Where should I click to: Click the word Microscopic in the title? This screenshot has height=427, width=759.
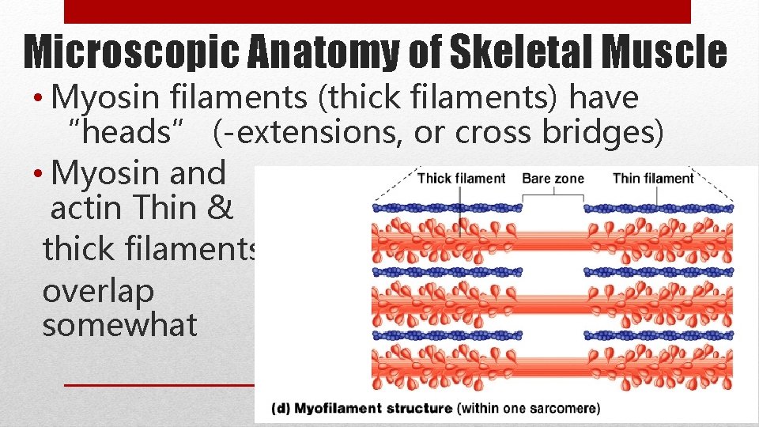tap(126, 52)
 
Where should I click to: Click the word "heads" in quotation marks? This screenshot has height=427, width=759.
tap(132, 134)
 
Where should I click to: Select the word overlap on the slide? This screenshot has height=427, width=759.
tap(97, 291)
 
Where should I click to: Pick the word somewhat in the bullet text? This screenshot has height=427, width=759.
tap(119, 325)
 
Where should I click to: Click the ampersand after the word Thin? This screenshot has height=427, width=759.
tap(222, 210)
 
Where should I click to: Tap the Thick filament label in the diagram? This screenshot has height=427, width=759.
tap(461, 178)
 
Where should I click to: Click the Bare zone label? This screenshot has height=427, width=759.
tap(553, 178)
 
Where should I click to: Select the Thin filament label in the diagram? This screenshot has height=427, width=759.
tap(652, 178)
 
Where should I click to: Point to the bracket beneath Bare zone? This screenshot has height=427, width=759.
tap(553, 195)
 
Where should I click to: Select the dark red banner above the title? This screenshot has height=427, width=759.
tap(376, 11)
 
